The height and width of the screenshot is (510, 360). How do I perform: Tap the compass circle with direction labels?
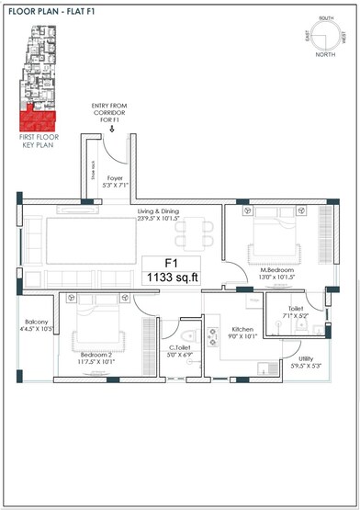[326, 39]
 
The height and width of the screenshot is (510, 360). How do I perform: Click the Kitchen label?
[242, 333]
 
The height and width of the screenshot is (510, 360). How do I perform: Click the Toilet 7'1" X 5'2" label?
[296, 312]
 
